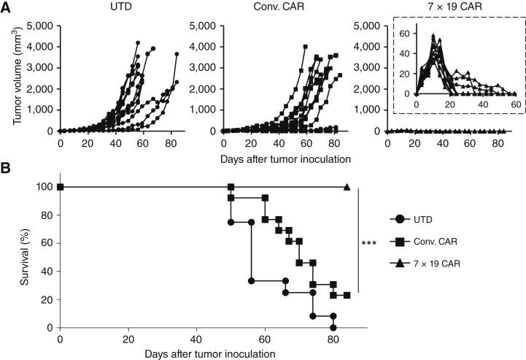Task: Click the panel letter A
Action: click(x=7, y=7)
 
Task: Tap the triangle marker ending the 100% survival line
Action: click(x=347, y=187)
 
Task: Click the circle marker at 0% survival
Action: click(x=333, y=328)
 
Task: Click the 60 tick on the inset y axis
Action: click(x=406, y=33)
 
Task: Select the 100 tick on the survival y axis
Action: click(x=42, y=187)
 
